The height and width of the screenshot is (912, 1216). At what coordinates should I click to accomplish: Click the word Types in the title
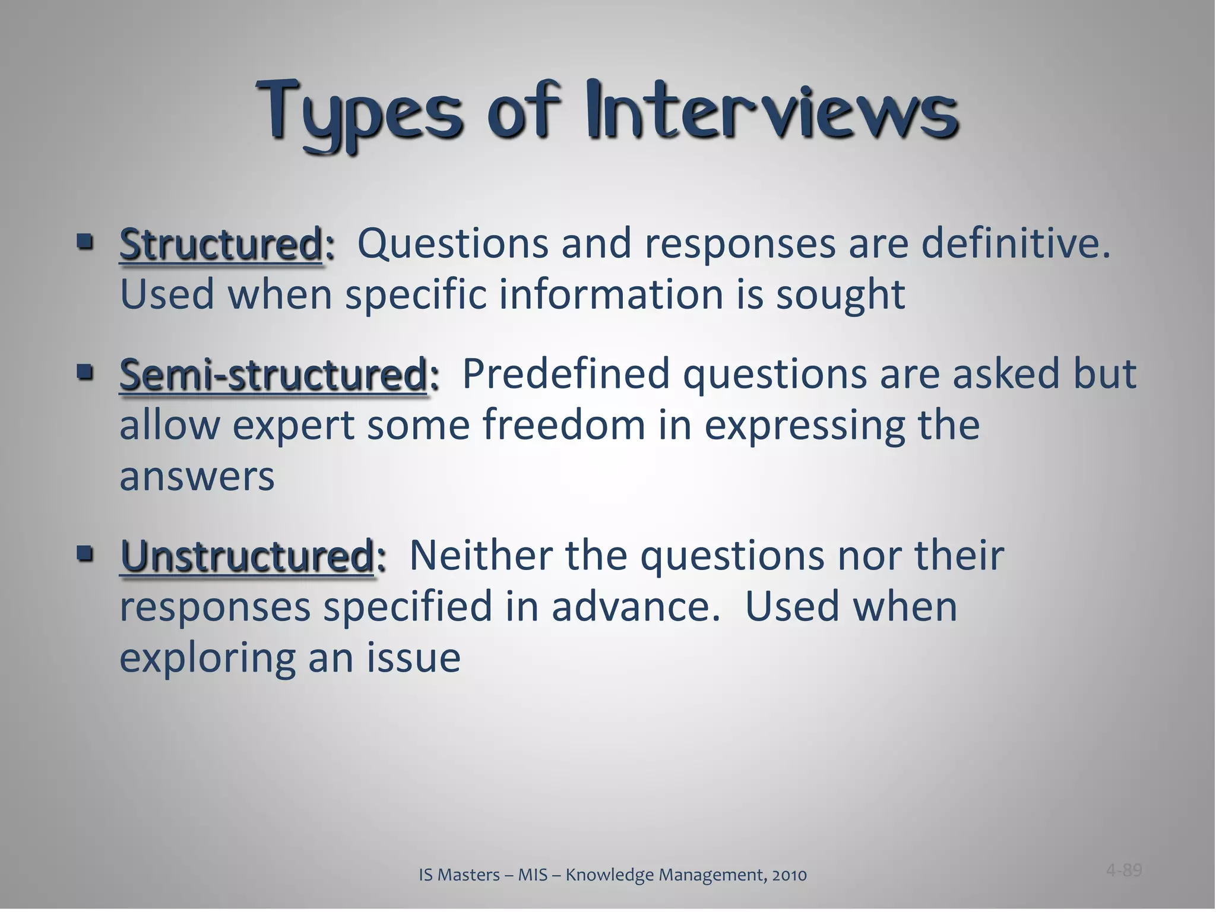click(x=359, y=113)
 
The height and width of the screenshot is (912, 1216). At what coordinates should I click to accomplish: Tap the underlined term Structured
click(x=220, y=245)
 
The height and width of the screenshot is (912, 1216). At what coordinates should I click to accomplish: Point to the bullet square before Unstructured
click(x=85, y=555)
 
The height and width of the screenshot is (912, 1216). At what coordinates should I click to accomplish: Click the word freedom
click(x=563, y=425)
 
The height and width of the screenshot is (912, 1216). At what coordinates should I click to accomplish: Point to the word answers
click(x=197, y=477)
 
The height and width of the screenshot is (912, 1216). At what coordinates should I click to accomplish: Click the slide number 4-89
click(x=1123, y=870)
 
